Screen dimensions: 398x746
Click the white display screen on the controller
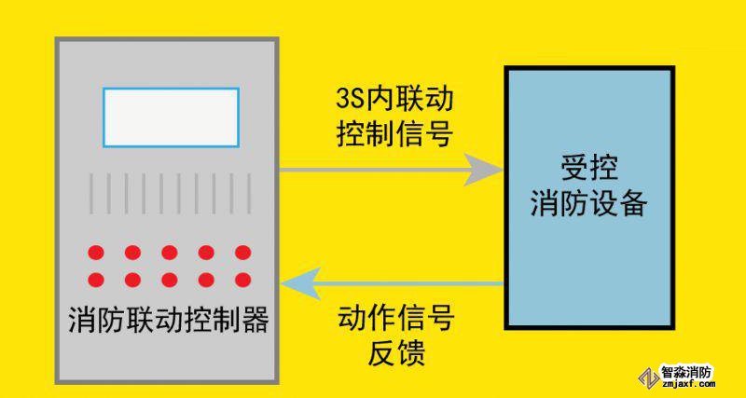click(x=171, y=117)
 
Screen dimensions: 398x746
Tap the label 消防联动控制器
click(x=169, y=321)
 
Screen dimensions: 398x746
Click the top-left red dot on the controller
click(x=95, y=253)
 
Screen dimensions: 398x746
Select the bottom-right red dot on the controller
click(x=242, y=279)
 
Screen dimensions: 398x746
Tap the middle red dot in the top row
click(x=169, y=253)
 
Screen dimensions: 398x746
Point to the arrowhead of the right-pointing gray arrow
click(x=485, y=170)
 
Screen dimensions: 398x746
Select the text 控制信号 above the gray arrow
click(x=394, y=134)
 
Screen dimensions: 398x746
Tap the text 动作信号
click(x=394, y=320)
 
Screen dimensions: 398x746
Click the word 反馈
click(x=394, y=354)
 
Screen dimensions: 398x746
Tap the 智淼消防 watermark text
click(x=686, y=371)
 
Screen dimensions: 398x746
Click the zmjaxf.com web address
click(x=686, y=384)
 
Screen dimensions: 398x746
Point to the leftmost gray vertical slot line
click(x=90, y=193)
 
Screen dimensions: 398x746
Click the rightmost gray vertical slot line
click(x=249, y=193)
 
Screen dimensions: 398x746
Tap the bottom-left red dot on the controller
click(x=95, y=279)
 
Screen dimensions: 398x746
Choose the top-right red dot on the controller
click(x=242, y=253)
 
